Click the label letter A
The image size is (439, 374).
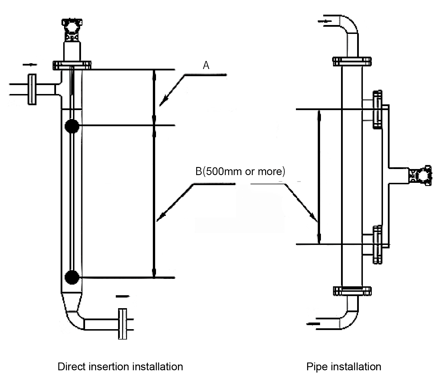pyautogui.click(x=206, y=65)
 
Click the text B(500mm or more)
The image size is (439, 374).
pyautogui.click(x=240, y=172)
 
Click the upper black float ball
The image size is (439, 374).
pyautogui.click(x=72, y=126)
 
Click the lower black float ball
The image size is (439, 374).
pyautogui.click(x=72, y=277)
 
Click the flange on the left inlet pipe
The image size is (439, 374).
pyautogui.click(x=32, y=89)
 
